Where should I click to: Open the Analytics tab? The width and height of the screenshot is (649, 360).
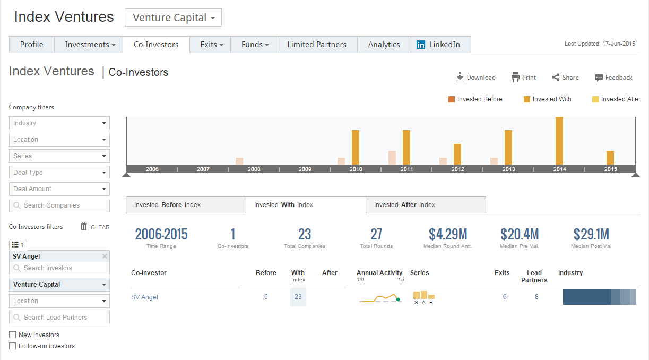click(384, 45)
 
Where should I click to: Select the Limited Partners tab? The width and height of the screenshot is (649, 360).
click(317, 45)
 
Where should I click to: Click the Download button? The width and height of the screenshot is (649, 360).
click(475, 78)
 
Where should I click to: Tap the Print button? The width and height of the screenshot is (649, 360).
click(524, 78)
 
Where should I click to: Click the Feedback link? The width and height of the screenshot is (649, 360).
click(613, 78)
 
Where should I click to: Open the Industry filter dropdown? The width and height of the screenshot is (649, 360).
click(59, 123)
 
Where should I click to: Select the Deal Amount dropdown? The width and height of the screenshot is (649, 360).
click(59, 189)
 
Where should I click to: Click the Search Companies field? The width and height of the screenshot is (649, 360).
click(59, 205)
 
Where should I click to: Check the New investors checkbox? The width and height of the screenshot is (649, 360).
click(13, 335)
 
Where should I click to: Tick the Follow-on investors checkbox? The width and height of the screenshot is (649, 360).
click(13, 346)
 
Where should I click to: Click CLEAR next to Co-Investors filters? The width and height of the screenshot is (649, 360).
click(96, 227)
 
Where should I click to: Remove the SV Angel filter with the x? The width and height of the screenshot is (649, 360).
click(105, 256)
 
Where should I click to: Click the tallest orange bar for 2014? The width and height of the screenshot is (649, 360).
click(559, 141)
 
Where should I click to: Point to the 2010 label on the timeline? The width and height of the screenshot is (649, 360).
click(356, 169)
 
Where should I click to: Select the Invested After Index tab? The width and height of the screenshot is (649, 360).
click(426, 205)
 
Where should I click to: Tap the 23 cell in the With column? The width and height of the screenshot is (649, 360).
click(298, 297)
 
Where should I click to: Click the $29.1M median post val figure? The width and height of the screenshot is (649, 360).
click(591, 234)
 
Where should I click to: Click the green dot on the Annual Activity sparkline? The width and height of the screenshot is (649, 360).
click(398, 299)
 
